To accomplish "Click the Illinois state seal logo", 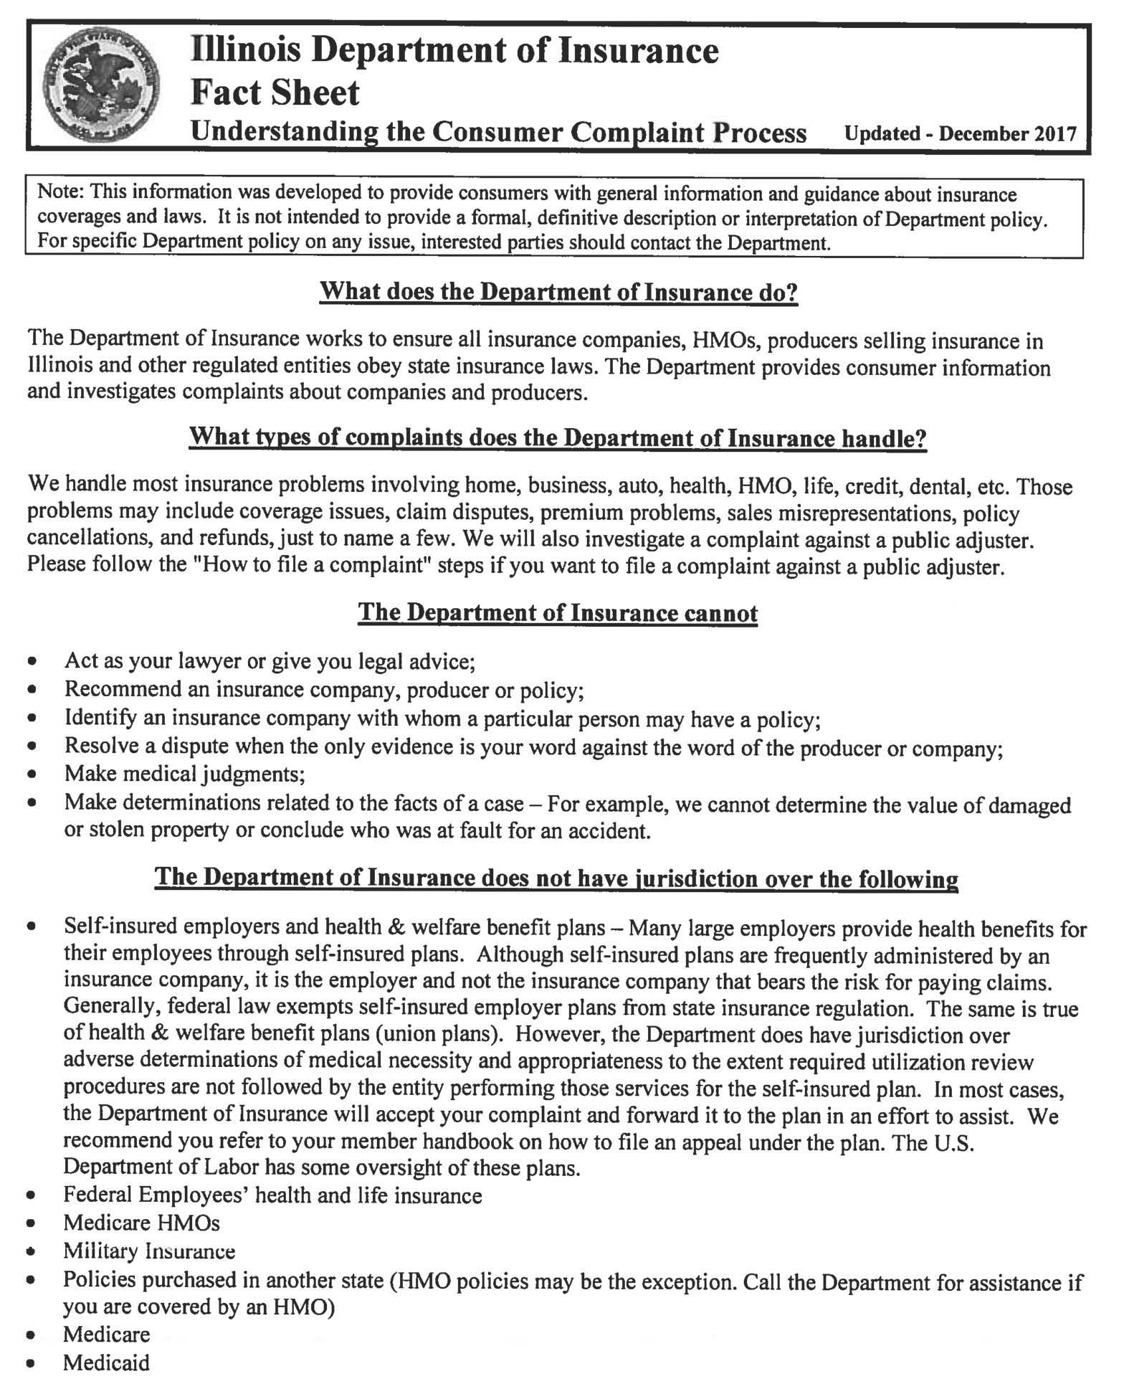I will click(101, 87).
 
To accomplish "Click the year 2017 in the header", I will click(1055, 134).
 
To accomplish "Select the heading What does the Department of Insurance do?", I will click(558, 292).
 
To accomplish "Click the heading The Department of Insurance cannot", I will click(558, 612).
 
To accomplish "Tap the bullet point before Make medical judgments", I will click(32, 776).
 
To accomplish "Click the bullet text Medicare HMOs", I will click(141, 1223).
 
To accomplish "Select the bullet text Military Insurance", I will click(149, 1251).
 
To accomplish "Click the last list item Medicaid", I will click(106, 1362).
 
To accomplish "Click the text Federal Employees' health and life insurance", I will click(272, 1195).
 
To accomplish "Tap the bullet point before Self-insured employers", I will click(32, 928).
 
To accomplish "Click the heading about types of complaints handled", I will click(558, 438).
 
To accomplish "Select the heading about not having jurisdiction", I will click(556, 878).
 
